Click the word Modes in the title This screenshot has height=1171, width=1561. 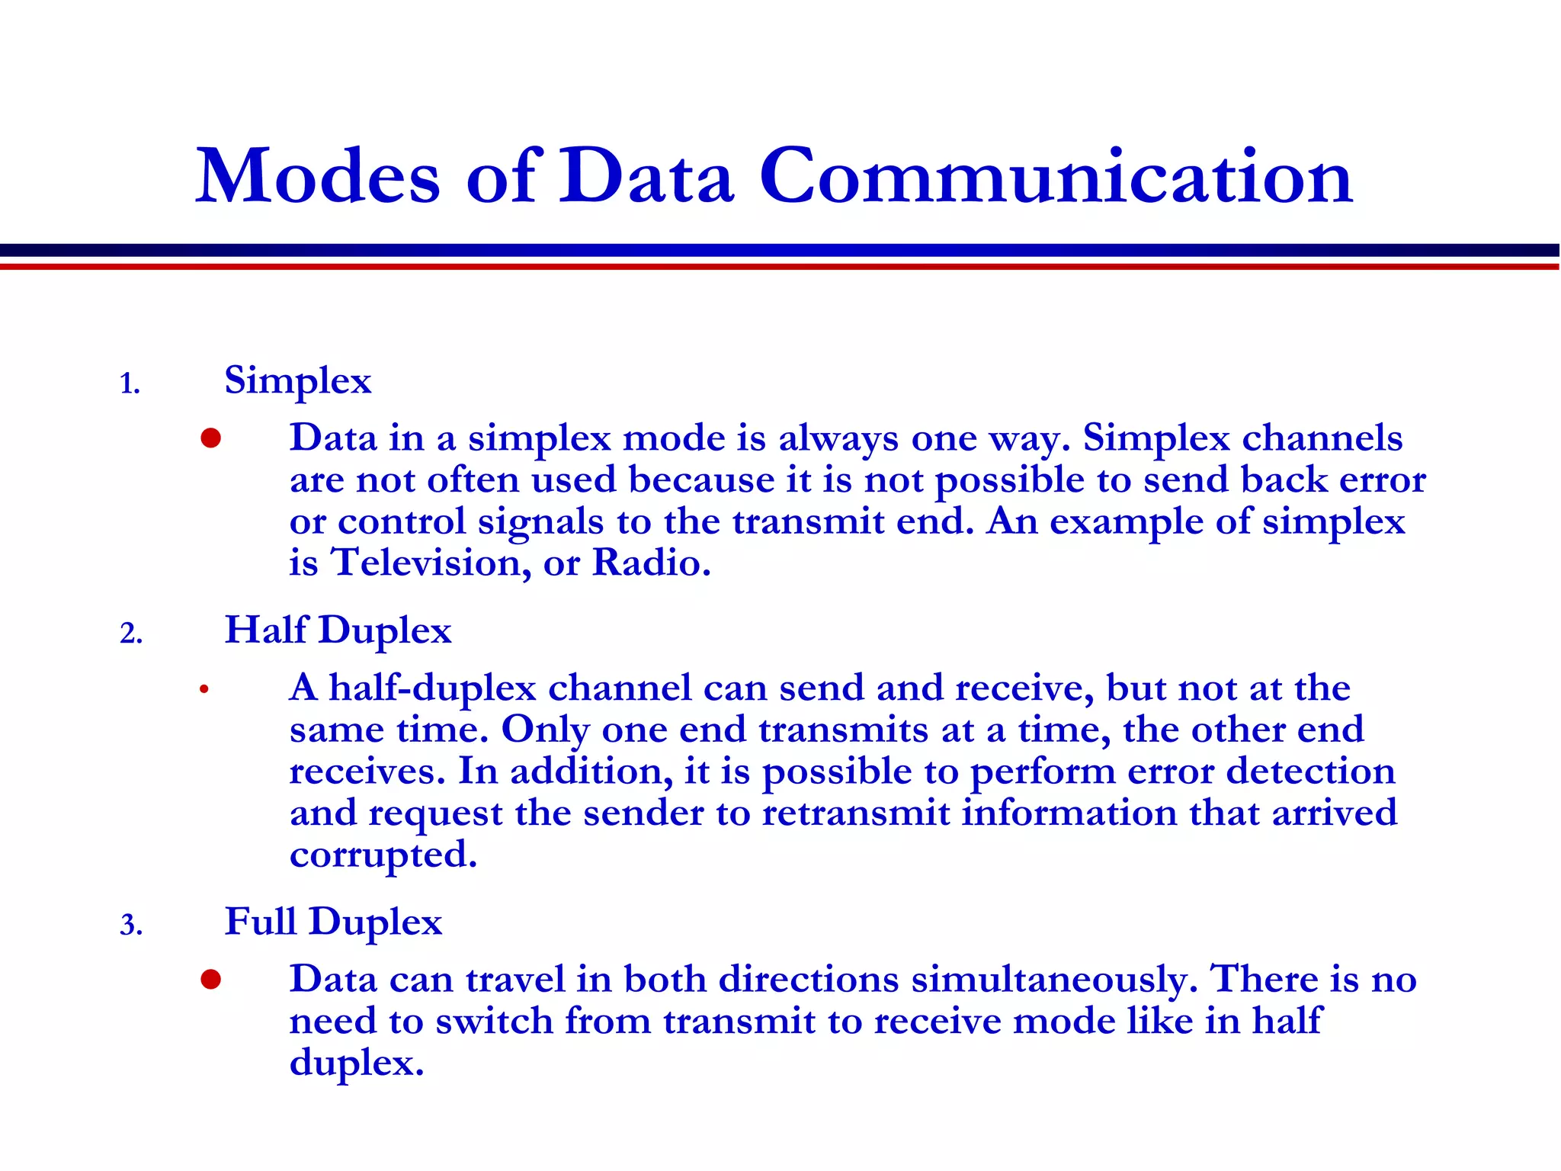318,177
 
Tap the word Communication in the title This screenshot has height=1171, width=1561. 1056,177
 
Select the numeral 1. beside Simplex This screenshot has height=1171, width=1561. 130,383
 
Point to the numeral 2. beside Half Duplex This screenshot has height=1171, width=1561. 131,634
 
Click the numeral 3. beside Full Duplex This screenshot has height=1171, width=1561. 131,926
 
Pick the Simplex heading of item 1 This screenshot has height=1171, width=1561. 298,380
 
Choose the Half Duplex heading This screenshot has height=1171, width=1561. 338,630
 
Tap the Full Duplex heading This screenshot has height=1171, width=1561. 333,922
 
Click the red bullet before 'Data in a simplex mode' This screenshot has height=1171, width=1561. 211,438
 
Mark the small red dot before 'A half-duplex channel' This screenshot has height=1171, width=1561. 204,689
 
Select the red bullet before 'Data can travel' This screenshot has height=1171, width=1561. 211,980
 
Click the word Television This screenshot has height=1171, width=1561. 431,563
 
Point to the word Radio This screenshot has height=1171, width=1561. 651,563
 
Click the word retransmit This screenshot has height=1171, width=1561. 856,813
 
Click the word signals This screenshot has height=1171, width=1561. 540,522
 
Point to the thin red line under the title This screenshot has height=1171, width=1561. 780,267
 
